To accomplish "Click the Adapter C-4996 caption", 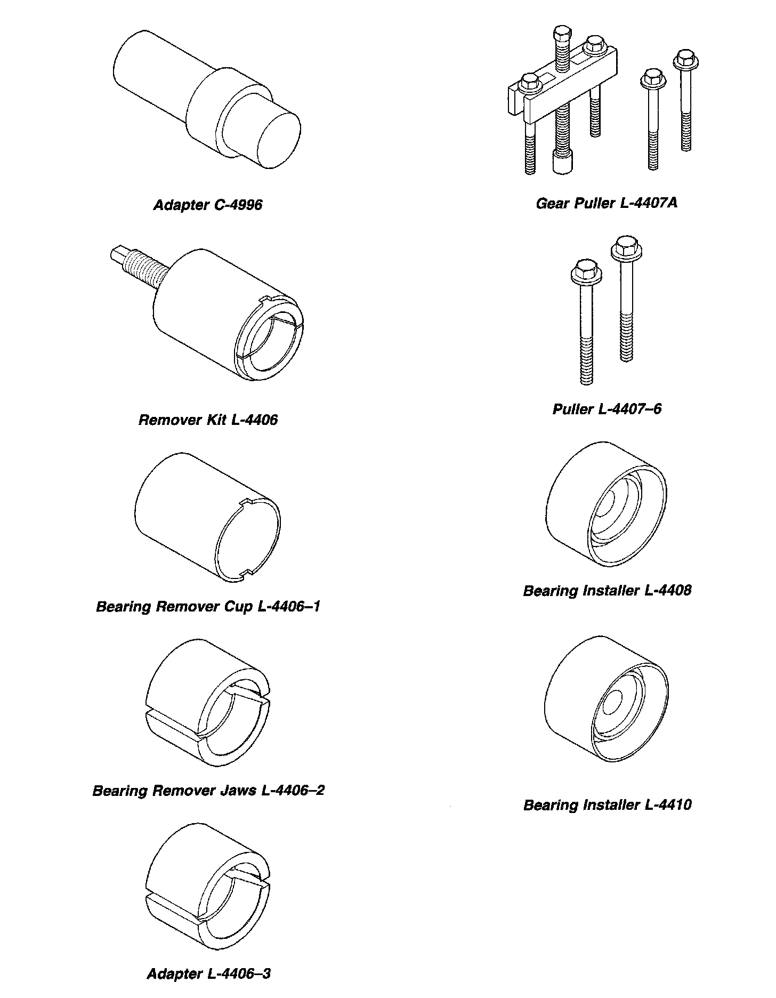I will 208,205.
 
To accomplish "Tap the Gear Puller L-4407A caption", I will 607,203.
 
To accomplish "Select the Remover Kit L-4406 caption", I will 208,420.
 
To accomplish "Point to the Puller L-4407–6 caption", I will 607,409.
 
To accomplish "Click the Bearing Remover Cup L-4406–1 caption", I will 208,606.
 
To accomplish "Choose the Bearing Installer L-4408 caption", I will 607,590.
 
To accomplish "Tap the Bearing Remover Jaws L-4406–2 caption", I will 208,790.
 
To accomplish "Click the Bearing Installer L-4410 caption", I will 607,804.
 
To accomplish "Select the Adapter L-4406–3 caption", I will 208,973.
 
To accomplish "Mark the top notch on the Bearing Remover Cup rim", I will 248,502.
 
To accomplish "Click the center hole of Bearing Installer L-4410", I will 615,703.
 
